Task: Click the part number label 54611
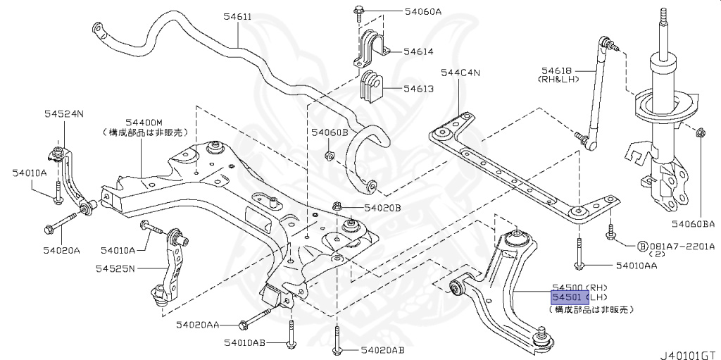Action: point(236,15)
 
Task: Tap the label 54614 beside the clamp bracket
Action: point(418,52)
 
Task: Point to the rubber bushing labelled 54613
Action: point(370,85)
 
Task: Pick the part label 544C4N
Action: point(460,72)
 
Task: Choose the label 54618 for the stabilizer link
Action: point(557,70)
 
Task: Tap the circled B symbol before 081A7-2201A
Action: point(642,247)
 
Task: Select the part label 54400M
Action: point(144,122)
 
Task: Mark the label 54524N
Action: point(63,113)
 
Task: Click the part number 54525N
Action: point(116,268)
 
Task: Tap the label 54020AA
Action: point(198,325)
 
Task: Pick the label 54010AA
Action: point(637,266)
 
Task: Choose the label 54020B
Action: point(382,208)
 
